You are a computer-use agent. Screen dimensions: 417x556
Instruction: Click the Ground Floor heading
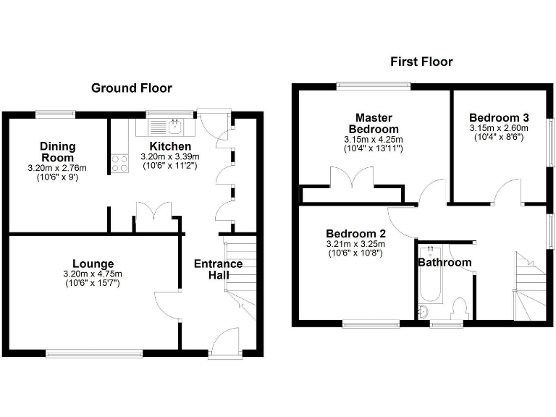coord(131,88)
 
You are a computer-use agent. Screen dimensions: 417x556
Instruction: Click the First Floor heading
coord(421,62)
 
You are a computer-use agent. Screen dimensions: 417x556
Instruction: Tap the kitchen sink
coord(174,128)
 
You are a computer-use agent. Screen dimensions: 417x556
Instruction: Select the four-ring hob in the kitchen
coord(118,164)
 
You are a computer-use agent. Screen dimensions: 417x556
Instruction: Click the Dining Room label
coord(57,152)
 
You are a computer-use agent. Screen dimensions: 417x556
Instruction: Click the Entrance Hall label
coord(218,269)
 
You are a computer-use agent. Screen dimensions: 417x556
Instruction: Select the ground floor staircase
coord(240,279)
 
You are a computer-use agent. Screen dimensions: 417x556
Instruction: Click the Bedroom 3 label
coord(499,118)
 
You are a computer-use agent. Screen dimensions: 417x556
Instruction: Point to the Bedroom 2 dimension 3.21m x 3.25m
coord(355,244)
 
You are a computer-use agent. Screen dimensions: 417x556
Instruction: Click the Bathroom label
coord(445,262)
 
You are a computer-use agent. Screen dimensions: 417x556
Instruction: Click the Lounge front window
coord(94,353)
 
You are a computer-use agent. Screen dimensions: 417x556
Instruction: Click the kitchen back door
coord(215,123)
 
